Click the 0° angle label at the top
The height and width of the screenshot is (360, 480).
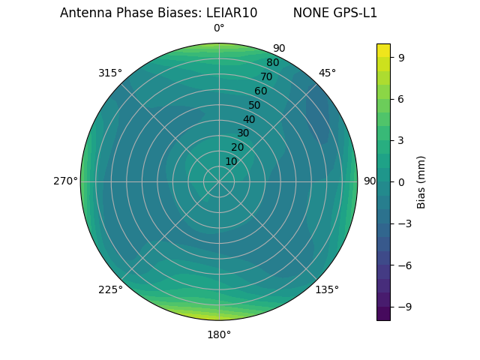(x=219, y=28)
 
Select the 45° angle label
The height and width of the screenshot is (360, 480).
(x=327, y=73)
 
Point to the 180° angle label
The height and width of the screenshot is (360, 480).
(x=219, y=334)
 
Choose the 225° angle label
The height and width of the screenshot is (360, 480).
(x=110, y=289)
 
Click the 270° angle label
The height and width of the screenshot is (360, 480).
(x=65, y=181)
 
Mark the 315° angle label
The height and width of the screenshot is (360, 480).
(x=110, y=73)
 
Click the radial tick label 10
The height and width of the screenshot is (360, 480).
(x=231, y=161)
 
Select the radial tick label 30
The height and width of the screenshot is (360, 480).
(x=243, y=133)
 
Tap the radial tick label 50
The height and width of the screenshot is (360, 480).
(x=254, y=105)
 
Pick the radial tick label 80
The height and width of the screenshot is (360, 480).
(x=272, y=62)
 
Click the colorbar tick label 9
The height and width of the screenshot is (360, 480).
(x=402, y=57)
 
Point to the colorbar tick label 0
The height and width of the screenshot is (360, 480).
(x=402, y=181)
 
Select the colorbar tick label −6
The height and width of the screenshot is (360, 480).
(x=400, y=265)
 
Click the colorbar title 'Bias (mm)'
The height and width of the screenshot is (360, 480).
(x=421, y=181)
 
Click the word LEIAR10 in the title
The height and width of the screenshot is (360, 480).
(x=232, y=13)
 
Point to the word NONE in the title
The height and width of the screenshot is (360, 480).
(x=309, y=13)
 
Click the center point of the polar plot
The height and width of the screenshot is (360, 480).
(x=219, y=181)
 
